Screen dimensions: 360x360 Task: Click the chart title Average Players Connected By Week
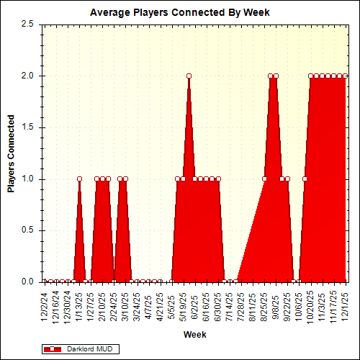pos(179,13)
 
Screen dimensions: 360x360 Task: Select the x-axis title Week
pos(194,335)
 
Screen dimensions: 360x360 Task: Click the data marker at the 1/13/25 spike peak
pos(79,179)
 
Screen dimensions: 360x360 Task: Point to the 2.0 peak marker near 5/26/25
pos(189,76)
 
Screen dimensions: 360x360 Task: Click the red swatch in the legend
pos(53,349)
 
